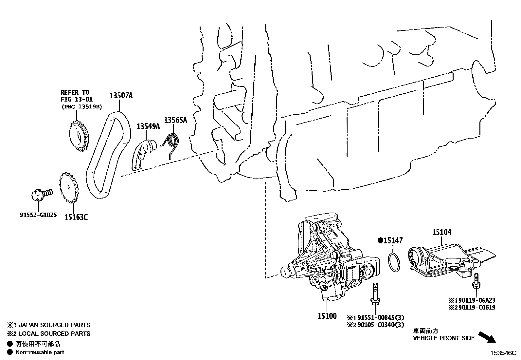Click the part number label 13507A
tap(121, 96)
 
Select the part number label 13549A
tap(148, 126)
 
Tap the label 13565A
tap(175, 120)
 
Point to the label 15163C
tap(76, 217)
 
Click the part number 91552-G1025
tap(38, 215)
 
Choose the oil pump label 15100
tap(327, 316)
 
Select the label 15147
tap(393, 241)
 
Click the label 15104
tap(441, 232)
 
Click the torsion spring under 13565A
tap(172, 143)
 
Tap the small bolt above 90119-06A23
tap(476, 282)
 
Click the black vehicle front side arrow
tap(487, 337)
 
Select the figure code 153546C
tap(503, 353)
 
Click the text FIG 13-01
tap(77, 99)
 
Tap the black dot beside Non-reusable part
tap(10, 352)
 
